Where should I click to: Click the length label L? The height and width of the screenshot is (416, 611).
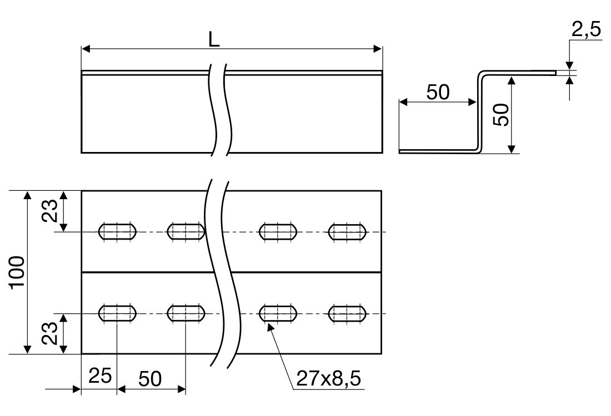[x=214, y=39]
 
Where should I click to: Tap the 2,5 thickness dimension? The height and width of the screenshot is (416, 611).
[x=586, y=30]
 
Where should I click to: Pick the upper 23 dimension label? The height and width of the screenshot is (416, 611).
[x=52, y=211]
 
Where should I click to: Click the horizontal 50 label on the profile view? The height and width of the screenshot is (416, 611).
[x=438, y=92]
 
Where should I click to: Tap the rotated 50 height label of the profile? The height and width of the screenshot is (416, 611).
[x=502, y=115]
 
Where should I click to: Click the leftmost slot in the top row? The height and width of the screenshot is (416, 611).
[x=117, y=231]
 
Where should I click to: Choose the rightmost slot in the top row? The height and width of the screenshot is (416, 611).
[x=347, y=231]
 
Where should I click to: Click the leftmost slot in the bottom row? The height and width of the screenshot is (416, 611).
[x=117, y=313]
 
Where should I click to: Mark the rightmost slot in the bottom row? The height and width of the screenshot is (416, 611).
[x=347, y=313]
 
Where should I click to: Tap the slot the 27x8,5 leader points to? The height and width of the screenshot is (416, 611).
[x=278, y=313]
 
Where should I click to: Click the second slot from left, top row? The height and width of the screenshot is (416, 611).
[x=186, y=231]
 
